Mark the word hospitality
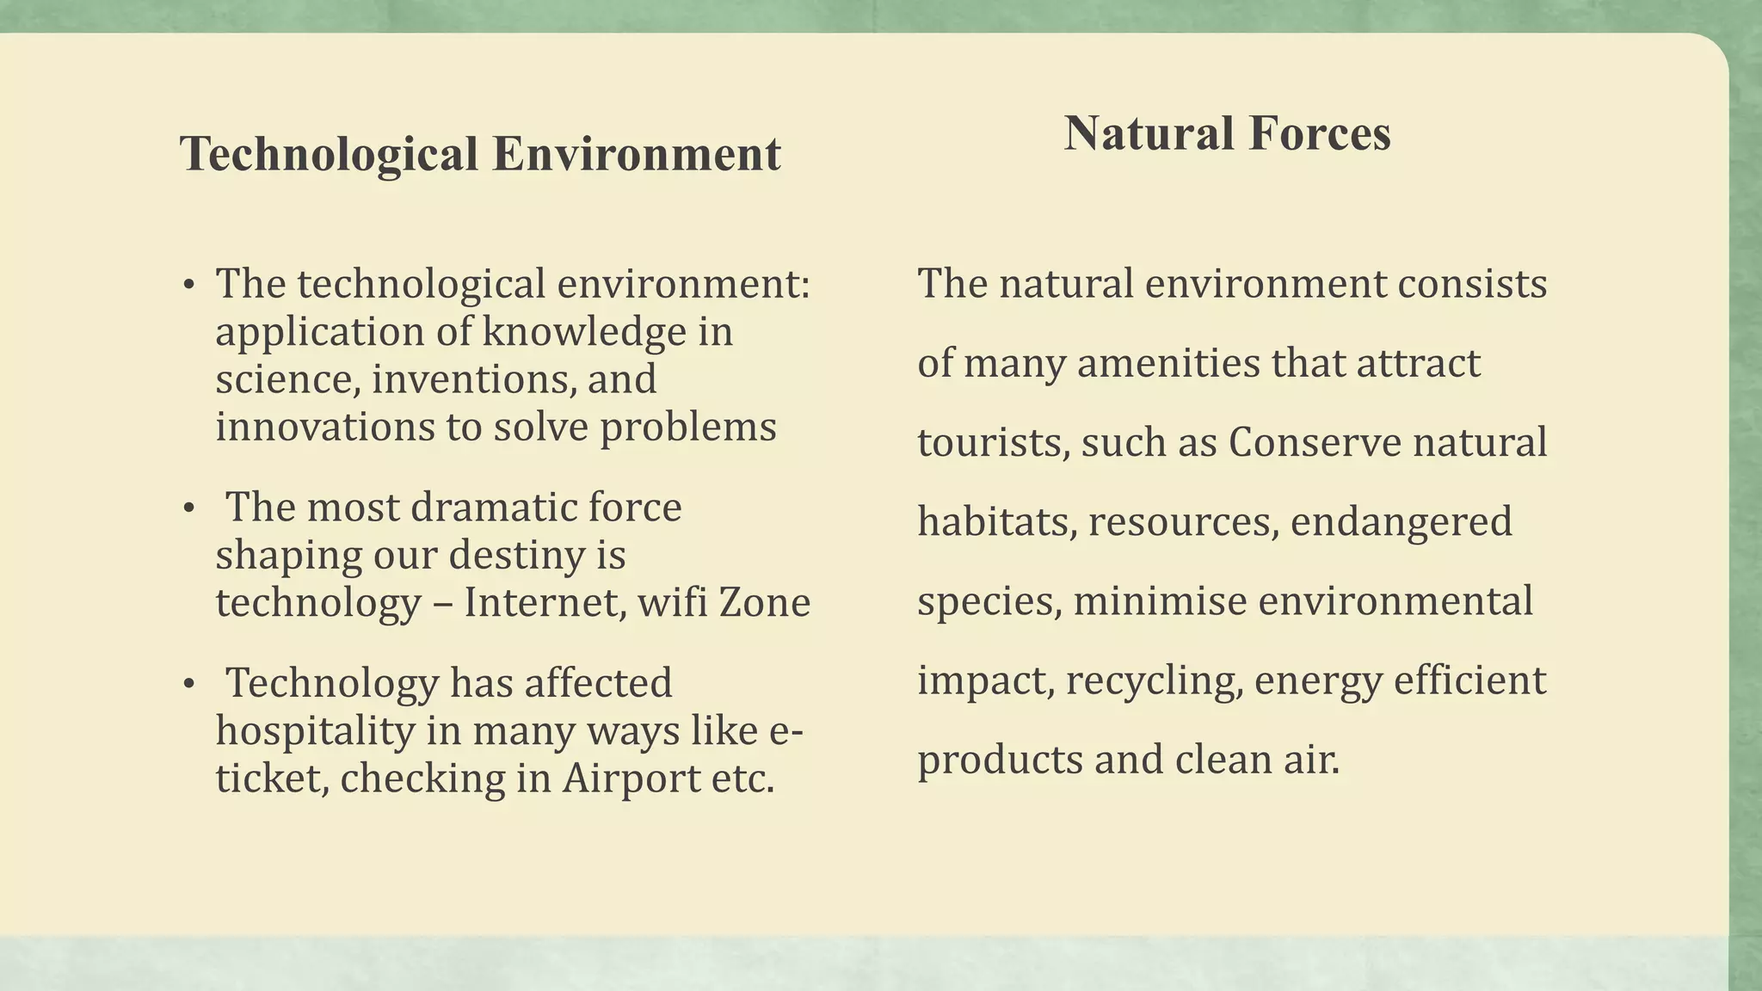[315, 731]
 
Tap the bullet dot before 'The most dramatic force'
[189, 508]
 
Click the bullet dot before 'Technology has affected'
[189, 685]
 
